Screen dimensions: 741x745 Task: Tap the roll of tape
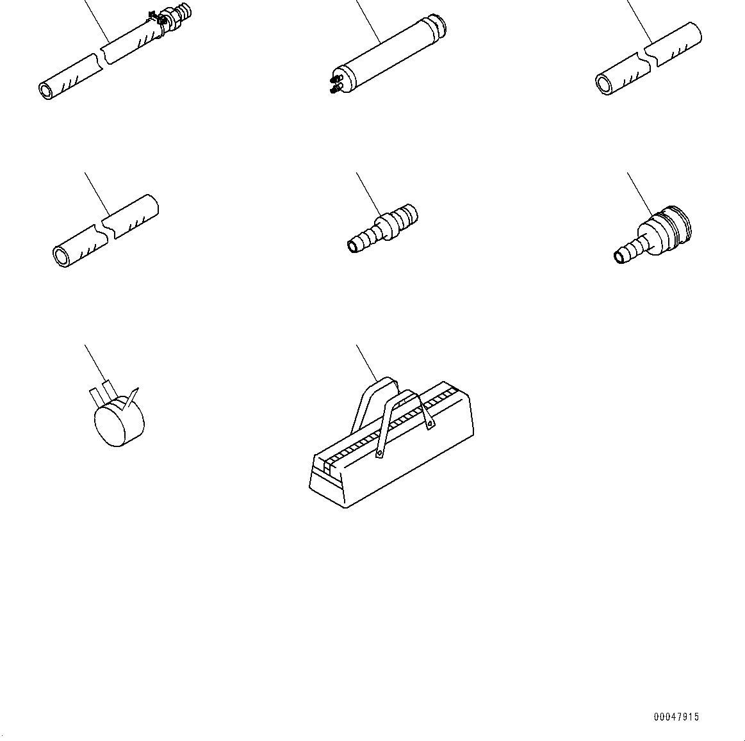119,421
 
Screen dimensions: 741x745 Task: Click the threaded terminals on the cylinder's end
334,84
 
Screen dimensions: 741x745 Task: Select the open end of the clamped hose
47,90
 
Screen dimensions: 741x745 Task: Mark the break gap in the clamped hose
103,57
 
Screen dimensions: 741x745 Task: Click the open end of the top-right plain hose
604,84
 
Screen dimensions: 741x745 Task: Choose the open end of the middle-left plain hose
61,257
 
